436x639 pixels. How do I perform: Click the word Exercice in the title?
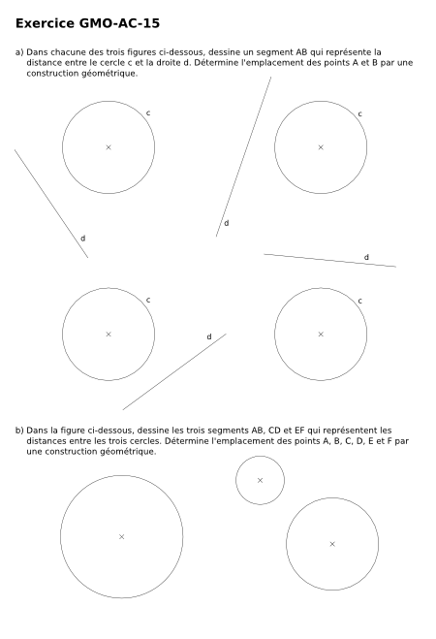coord(45,23)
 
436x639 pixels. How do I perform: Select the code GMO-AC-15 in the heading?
coord(119,23)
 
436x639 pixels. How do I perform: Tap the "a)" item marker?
coord(19,52)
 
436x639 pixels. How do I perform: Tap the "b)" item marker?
coord(19,431)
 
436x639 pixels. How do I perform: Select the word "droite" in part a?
coord(168,63)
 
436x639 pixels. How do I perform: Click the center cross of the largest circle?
coord(121,537)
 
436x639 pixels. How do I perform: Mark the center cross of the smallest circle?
coord(260,481)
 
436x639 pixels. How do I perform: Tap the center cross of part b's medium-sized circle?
coord(332,544)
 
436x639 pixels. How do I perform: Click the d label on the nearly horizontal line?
coord(366,257)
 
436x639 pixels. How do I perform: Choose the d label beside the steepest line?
coord(227,223)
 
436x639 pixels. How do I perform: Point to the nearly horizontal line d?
coord(329,261)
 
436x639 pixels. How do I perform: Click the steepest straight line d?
coord(243,156)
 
